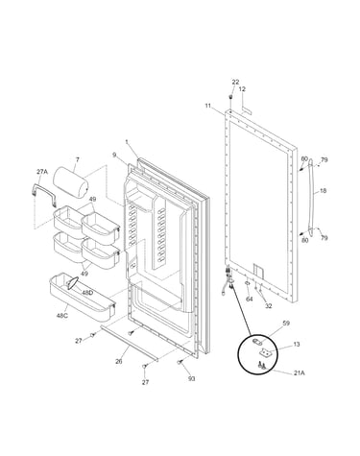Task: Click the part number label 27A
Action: click(42, 172)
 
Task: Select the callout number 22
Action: click(235, 83)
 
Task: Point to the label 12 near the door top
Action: click(242, 89)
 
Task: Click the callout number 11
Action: click(208, 105)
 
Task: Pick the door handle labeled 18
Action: click(311, 199)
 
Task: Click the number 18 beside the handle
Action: click(324, 191)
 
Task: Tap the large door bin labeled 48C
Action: click(82, 298)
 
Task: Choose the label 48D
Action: click(87, 292)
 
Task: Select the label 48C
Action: click(62, 316)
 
